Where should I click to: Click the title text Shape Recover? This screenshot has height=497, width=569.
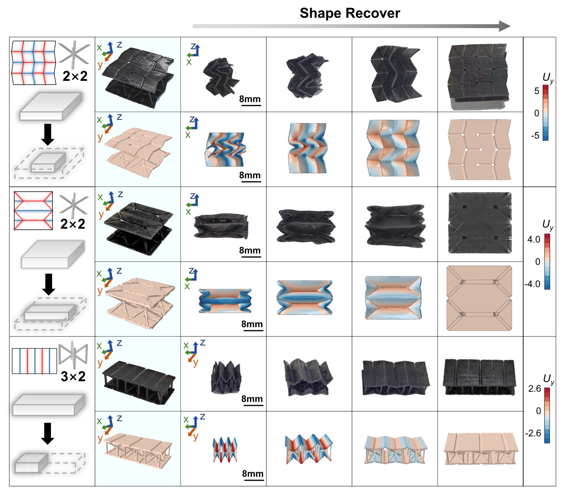click(350, 13)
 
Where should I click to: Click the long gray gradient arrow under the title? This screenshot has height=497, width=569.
click(351, 26)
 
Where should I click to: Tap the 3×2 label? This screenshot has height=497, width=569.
click(73, 376)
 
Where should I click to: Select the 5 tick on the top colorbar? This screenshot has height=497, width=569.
click(537, 91)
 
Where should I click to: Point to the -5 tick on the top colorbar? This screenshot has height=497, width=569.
click(535, 136)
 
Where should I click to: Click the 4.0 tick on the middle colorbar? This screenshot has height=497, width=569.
click(534, 239)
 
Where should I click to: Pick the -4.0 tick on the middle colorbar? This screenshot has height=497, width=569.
click(532, 284)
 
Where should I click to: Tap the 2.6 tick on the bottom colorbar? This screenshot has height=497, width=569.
click(534, 389)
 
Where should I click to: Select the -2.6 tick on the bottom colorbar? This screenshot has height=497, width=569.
click(533, 433)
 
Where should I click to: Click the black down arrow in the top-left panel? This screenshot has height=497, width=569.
click(48, 135)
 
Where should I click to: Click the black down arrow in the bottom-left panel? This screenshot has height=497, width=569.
click(48, 434)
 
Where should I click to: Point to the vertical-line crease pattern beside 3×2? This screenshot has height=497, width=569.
click(35, 361)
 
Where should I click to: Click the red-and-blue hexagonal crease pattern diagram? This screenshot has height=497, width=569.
click(33, 211)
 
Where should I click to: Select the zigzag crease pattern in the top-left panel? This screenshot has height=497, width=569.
click(34, 63)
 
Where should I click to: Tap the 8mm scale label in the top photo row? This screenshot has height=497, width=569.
click(250, 99)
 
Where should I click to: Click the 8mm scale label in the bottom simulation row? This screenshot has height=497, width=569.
click(253, 474)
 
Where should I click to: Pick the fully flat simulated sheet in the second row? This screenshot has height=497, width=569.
click(480, 150)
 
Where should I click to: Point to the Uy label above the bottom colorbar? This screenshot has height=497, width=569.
click(548, 379)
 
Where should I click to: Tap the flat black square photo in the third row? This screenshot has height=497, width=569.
click(480, 223)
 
